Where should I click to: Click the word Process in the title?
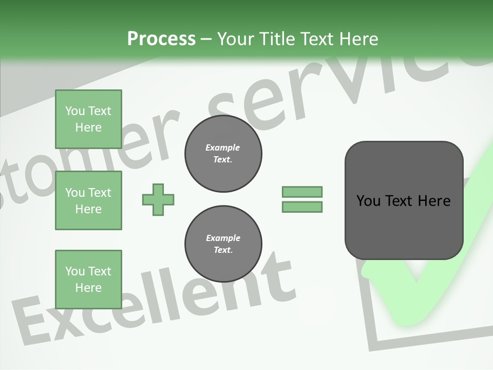pos(161,39)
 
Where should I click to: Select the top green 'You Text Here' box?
pos(88,119)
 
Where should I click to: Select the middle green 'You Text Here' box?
pos(88,200)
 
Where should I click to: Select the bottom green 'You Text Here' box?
pos(88,279)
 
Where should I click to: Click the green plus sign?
pos(158,199)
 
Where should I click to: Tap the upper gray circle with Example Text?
pos(223,154)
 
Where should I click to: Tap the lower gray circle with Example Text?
pos(223,244)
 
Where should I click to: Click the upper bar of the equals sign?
pos(302,192)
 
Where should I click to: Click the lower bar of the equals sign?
pos(302,207)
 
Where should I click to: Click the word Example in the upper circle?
pos(223,148)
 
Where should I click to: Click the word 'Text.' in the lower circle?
pos(223,250)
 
